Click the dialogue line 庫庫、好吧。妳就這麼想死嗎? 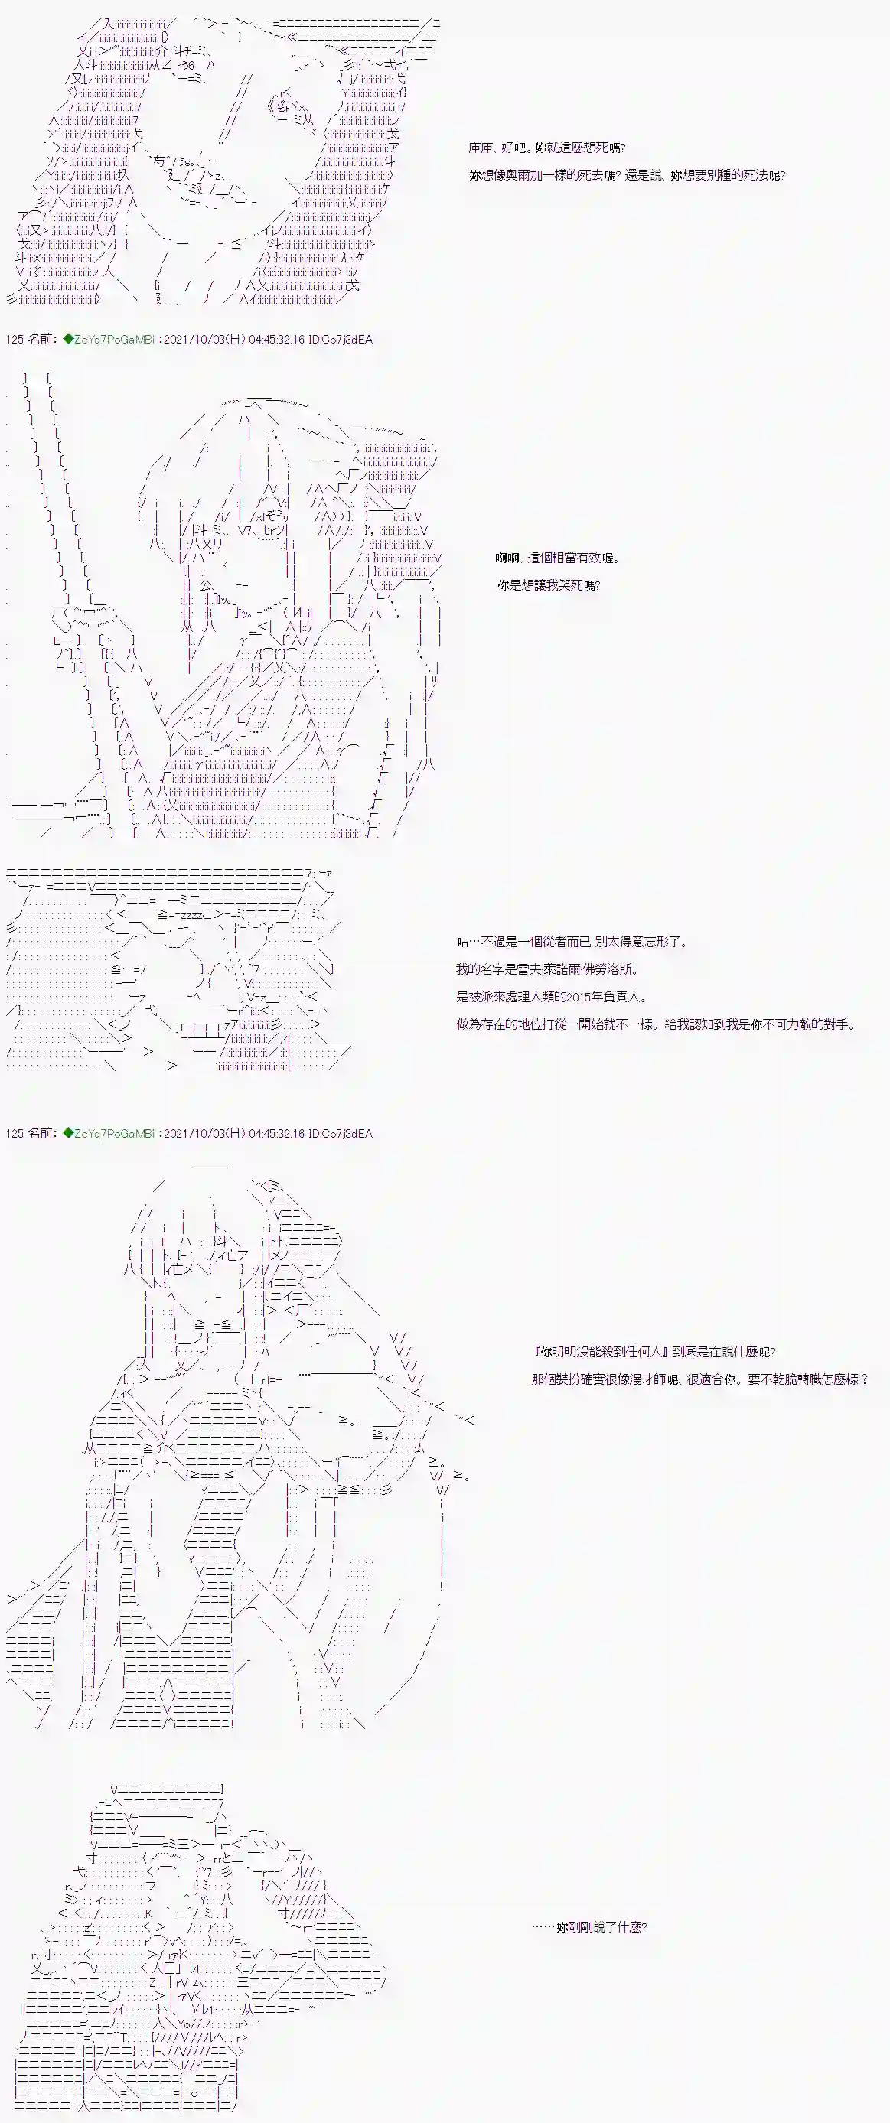point(546,148)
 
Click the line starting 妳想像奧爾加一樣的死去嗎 point(626,175)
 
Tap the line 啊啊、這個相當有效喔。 point(557,558)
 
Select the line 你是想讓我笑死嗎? point(548,585)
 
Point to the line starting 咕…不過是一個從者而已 point(571,942)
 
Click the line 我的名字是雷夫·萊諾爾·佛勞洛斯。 point(546,969)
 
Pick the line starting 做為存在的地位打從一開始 point(655,1024)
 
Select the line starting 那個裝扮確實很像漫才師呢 point(699,1379)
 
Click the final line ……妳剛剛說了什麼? point(589,1927)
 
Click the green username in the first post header point(114,340)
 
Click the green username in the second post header point(114,1133)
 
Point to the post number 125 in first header point(14,340)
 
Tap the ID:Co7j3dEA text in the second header point(341,1133)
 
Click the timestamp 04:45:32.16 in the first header point(276,340)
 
